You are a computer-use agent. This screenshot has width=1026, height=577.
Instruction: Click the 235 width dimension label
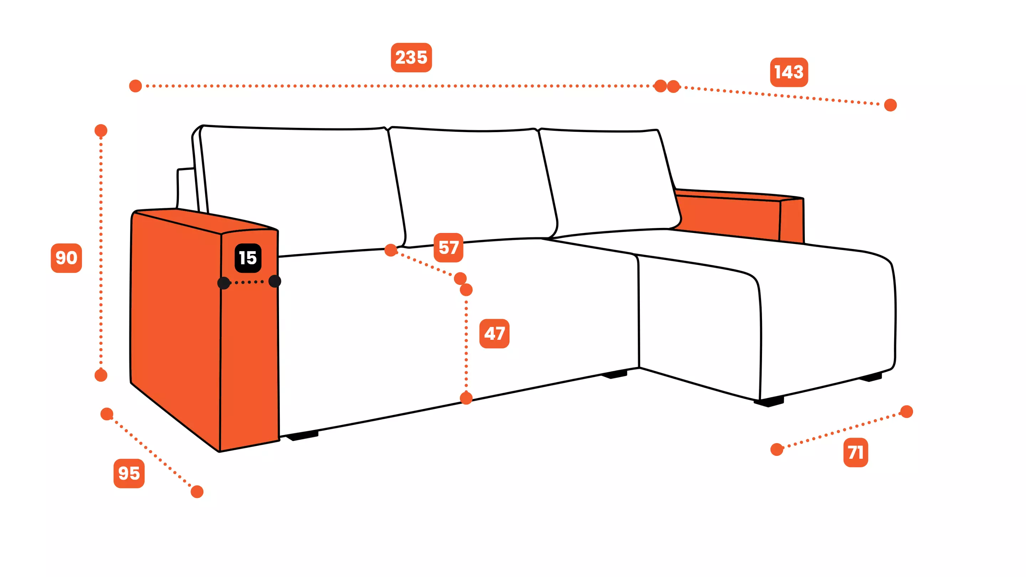411,57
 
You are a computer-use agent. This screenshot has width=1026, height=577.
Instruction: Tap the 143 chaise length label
789,72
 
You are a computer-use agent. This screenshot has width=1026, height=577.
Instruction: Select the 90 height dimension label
66,258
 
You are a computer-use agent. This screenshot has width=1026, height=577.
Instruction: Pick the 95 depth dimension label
129,473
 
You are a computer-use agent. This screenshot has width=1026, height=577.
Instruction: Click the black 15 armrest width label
248,258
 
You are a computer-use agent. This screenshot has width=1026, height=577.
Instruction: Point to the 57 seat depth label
448,247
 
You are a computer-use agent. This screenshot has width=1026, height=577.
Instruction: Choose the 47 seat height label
494,333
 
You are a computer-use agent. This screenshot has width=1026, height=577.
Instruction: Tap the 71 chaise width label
855,452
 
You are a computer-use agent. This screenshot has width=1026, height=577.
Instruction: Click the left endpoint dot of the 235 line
135,85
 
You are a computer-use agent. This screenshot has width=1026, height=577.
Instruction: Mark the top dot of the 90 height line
101,130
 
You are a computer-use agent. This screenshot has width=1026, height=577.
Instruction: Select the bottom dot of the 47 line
466,398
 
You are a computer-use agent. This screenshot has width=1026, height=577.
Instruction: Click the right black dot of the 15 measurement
275,281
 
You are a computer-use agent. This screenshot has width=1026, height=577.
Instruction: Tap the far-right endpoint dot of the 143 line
890,105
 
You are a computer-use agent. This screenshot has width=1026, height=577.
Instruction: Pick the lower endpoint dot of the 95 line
197,492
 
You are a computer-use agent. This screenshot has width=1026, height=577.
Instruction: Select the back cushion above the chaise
610,179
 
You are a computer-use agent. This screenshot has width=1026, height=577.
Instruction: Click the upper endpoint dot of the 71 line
907,411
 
